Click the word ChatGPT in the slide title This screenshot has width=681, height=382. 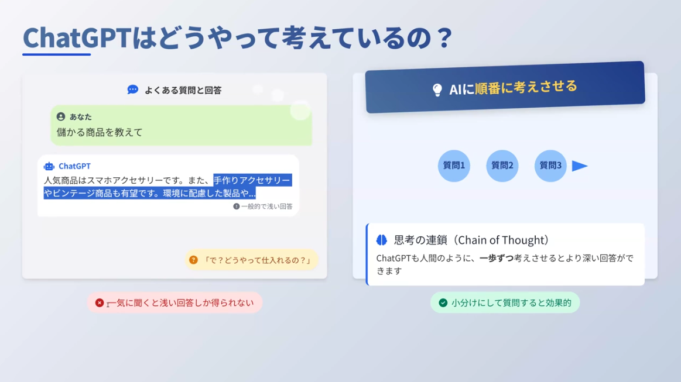tap(77, 38)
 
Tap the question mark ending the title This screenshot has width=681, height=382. tap(445, 38)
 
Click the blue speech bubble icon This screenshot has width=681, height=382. tap(132, 90)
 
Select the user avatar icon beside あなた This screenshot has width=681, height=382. tap(61, 116)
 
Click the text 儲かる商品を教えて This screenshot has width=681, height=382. tap(100, 132)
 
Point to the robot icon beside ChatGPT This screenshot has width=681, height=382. tap(49, 166)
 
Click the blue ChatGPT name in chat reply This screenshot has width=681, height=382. tap(75, 166)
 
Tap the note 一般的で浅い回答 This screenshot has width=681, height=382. tap(266, 206)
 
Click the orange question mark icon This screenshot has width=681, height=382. tap(193, 260)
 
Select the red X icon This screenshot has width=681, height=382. tap(100, 302)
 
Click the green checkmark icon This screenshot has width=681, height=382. tap(443, 302)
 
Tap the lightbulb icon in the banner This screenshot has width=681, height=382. tap(437, 90)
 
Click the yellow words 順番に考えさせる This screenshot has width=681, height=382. tap(526, 87)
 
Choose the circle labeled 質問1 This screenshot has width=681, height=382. tap(454, 166)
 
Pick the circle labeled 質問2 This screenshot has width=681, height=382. tap(502, 166)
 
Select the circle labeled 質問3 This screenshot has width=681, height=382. tap(550, 166)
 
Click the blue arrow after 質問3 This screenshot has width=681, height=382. tap(579, 166)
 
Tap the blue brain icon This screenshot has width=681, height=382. tap(381, 240)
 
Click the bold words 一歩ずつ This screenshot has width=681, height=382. tap(497, 259)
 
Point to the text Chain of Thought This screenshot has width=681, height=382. tap(503, 240)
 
